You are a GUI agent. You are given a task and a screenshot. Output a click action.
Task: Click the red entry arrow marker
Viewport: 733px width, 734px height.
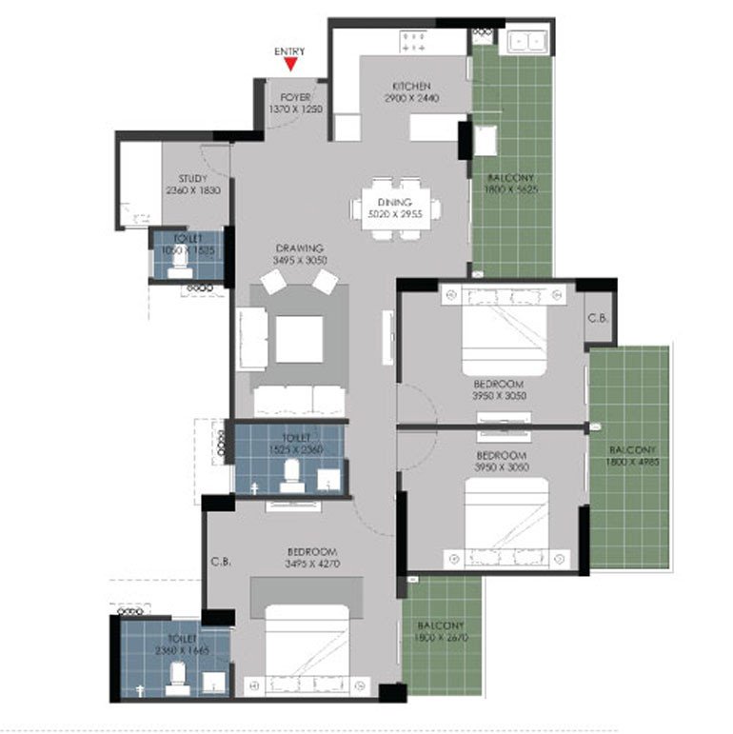[x=291, y=64]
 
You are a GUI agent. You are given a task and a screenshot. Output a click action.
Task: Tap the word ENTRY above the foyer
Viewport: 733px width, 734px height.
[x=291, y=50]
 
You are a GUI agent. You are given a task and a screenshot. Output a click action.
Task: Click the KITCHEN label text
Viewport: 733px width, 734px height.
[x=411, y=87]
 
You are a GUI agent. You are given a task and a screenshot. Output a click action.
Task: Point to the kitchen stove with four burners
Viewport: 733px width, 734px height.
[x=414, y=40]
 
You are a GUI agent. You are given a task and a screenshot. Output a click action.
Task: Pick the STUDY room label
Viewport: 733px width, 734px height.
[x=193, y=178]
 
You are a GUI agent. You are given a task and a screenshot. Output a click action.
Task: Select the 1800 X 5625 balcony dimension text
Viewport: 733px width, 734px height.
[x=511, y=190]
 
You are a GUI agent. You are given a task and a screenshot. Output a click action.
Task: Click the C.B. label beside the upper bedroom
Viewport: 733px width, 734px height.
[x=598, y=317]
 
